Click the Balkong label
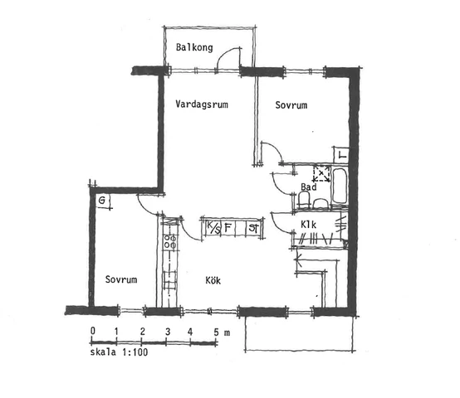pos(194,47)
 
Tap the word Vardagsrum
pos(202,104)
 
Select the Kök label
pos(213,280)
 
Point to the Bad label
pos(309,187)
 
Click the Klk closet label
pos(308,225)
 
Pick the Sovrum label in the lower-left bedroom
pos(121,279)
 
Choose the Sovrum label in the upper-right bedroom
pos(291,105)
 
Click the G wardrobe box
pos(103,201)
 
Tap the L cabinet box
pos(341,155)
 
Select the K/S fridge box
pos(213,228)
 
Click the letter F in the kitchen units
pos(228,227)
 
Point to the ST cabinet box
pos(253,227)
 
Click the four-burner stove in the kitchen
pos(170,241)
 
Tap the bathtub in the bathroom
pos(340,186)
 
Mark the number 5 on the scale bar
pos(216,332)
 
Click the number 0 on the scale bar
pos(93,331)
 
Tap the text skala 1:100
pos(119,352)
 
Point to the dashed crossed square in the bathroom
pos(322,173)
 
